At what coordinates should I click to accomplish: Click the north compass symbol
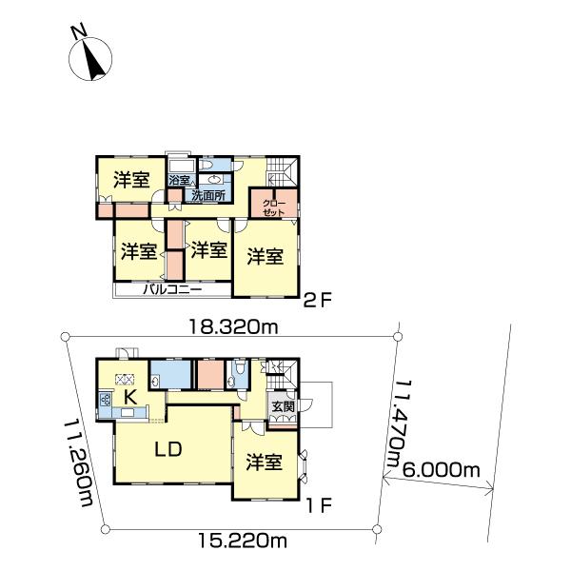[x=90, y=58]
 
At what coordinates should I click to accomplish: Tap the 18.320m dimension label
[x=233, y=327]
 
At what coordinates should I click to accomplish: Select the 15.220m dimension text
[x=243, y=540]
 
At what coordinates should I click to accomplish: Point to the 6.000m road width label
[x=441, y=470]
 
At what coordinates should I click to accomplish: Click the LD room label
[x=168, y=449]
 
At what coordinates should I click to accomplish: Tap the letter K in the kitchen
[x=130, y=397]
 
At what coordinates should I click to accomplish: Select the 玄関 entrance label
[x=283, y=406]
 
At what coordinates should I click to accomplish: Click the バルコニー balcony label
[x=172, y=290]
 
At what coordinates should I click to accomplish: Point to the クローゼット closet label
[x=274, y=207]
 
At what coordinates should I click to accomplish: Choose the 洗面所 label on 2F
[x=208, y=196]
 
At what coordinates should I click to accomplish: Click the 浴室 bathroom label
[x=179, y=180]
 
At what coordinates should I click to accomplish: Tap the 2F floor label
[x=319, y=301]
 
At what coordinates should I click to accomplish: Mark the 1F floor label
[x=320, y=506]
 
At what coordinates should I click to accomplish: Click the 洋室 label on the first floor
[x=265, y=462]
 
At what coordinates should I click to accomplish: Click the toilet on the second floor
[x=207, y=166]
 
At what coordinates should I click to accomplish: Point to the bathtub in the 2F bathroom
[x=182, y=166]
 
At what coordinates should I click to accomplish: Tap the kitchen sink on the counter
[x=128, y=413]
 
